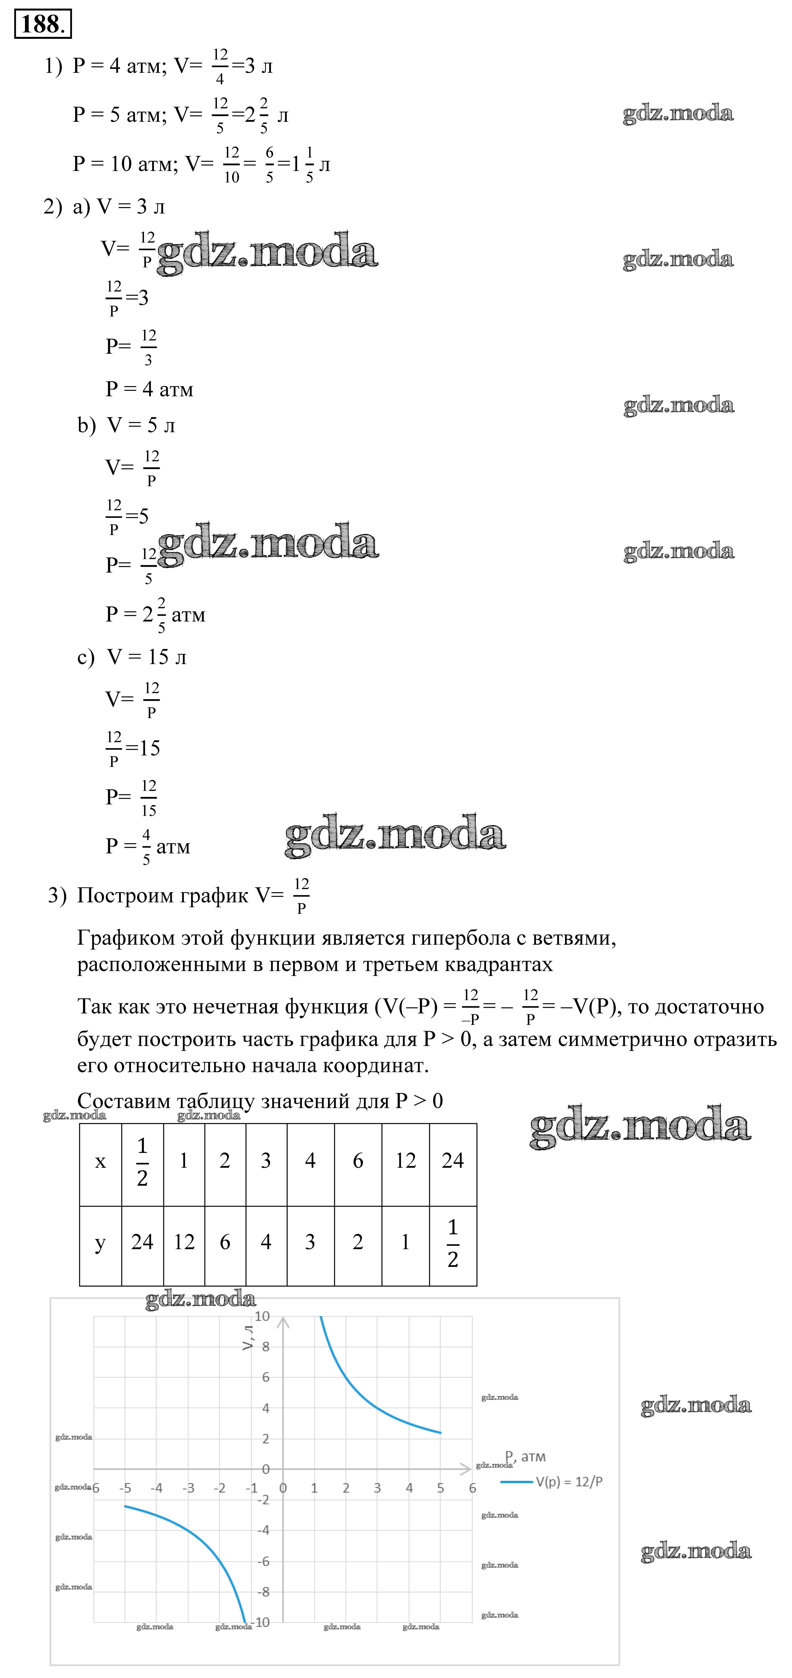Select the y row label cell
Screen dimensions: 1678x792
pos(100,1243)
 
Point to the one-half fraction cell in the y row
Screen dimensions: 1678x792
pos(453,1243)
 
